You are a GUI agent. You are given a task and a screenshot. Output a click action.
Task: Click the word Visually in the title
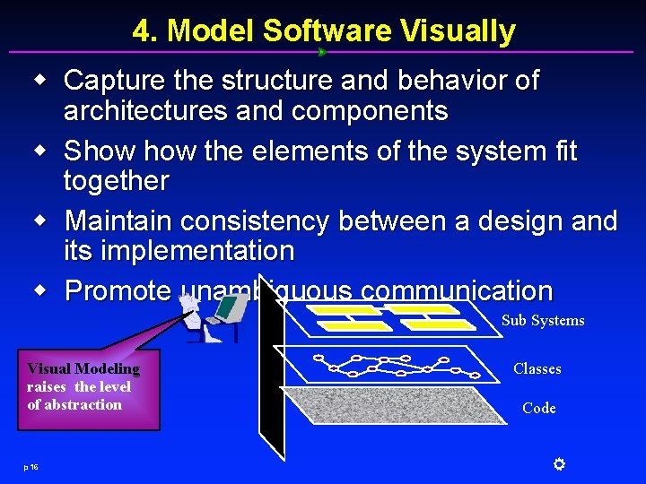click(458, 31)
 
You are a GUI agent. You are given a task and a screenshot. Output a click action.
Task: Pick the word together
click(116, 181)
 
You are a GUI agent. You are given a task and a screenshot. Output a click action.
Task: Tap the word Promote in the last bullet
click(118, 290)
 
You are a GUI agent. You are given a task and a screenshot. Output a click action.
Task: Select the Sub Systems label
click(543, 320)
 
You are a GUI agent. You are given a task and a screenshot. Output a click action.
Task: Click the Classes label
click(537, 368)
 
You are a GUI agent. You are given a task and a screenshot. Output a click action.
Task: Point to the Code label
click(538, 408)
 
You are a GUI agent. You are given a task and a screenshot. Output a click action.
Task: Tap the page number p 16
click(31, 466)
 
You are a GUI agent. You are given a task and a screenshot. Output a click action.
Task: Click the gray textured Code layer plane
click(395, 408)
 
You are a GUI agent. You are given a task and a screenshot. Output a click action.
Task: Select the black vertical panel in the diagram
click(271, 367)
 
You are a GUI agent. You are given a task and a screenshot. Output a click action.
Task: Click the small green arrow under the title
click(322, 52)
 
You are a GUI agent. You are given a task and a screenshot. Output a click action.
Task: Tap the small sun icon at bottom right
click(558, 463)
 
